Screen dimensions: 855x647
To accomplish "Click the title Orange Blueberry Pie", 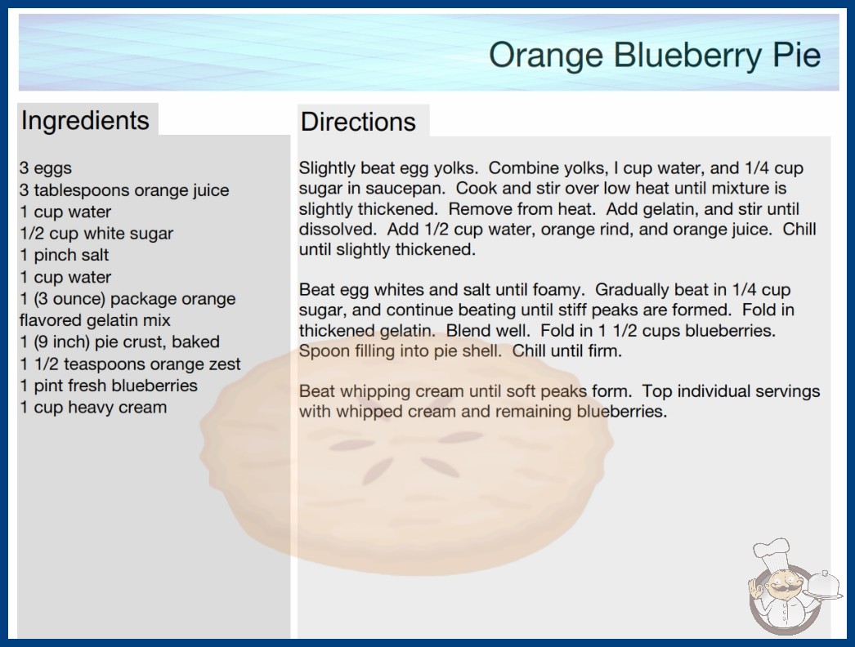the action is pyautogui.click(x=655, y=55).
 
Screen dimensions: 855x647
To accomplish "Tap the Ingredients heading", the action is pyautogui.click(x=85, y=121).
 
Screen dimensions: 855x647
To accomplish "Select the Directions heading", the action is pyautogui.click(x=358, y=122).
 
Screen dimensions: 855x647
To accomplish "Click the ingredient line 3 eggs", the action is pyautogui.click(x=46, y=168).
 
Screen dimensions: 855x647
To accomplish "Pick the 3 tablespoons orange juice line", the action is pyautogui.click(x=124, y=190).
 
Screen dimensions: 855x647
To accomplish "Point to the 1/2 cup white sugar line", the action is pyautogui.click(x=96, y=234).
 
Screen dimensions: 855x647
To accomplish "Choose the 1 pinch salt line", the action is pyautogui.click(x=65, y=255).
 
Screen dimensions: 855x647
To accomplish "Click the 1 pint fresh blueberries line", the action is pyautogui.click(x=109, y=386).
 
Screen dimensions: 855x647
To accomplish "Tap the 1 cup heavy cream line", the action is pyautogui.click(x=93, y=407).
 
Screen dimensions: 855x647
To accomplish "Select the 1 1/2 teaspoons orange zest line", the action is pyautogui.click(x=130, y=364).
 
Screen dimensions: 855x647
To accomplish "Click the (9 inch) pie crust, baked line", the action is pyautogui.click(x=119, y=341).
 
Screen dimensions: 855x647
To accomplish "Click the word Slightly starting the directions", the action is pyautogui.click(x=328, y=168).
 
